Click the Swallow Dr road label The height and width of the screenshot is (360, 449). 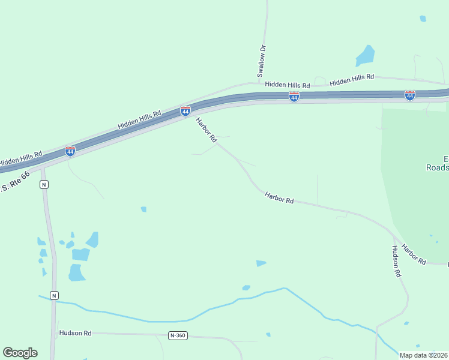tap(261, 61)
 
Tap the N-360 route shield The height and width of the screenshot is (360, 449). tap(178, 335)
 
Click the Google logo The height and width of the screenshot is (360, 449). tap(20, 353)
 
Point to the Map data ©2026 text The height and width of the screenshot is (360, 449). tap(423, 355)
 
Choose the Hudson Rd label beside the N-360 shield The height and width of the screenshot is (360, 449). tap(75, 332)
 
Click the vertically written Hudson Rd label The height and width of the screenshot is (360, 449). tap(396, 261)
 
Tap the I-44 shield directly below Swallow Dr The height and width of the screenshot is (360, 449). tap(294, 97)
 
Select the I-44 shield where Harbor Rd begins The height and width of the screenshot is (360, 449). tap(185, 111)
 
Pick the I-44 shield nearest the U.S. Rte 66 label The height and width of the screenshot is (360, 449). tap(70, 151)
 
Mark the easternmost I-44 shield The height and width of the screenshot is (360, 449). tap(409, 95)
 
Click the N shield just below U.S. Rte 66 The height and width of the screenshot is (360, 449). tap(44, 184)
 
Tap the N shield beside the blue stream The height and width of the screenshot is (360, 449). tap(54, 295)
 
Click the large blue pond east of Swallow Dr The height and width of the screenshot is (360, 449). tap(365, 56)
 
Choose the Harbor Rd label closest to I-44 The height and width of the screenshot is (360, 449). tap(206, 130)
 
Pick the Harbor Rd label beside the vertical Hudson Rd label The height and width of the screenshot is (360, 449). tap(414, 254)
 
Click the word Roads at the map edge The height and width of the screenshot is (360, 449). tap(438, 168)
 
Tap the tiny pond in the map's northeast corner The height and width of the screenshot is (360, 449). tap(423, 19)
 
